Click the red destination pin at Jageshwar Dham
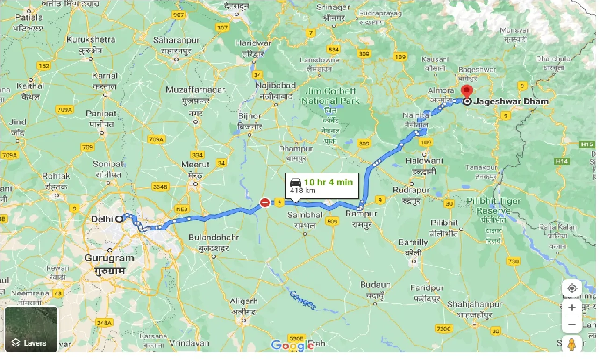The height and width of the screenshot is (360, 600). pos(466,91)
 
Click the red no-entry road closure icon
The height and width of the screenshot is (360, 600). pos(265,202)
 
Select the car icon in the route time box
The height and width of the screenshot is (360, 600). pos(295,182)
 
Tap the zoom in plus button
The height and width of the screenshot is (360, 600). pos(572,308)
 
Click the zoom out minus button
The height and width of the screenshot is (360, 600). pos(572,324)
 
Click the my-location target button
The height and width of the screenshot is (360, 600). pos(572,288)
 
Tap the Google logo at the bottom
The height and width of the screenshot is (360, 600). pos(293,346)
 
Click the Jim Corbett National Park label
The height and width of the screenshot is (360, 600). pos(330,96)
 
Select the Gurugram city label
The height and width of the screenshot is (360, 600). pos(109,258)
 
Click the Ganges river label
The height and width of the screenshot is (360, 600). pos(302,300)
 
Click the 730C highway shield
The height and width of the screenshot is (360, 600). pos(443,329)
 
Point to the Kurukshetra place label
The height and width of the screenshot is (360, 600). pos(90,39)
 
